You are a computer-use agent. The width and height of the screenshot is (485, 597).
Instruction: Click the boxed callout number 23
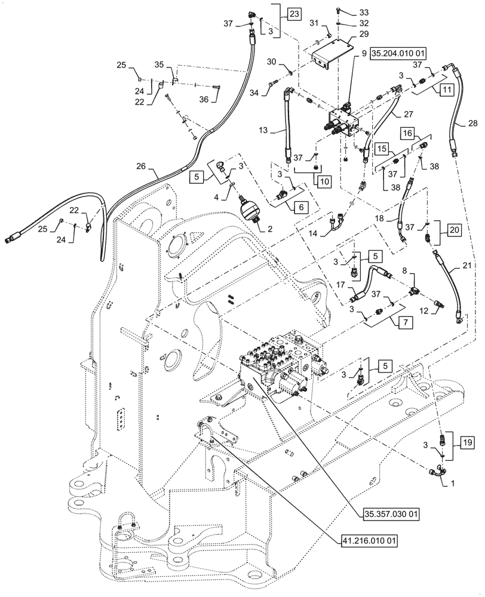tap(294, 13)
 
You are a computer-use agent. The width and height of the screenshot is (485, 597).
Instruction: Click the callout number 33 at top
tap(364, 12)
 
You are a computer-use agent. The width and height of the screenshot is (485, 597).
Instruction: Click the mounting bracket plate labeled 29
tap(335, 54)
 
